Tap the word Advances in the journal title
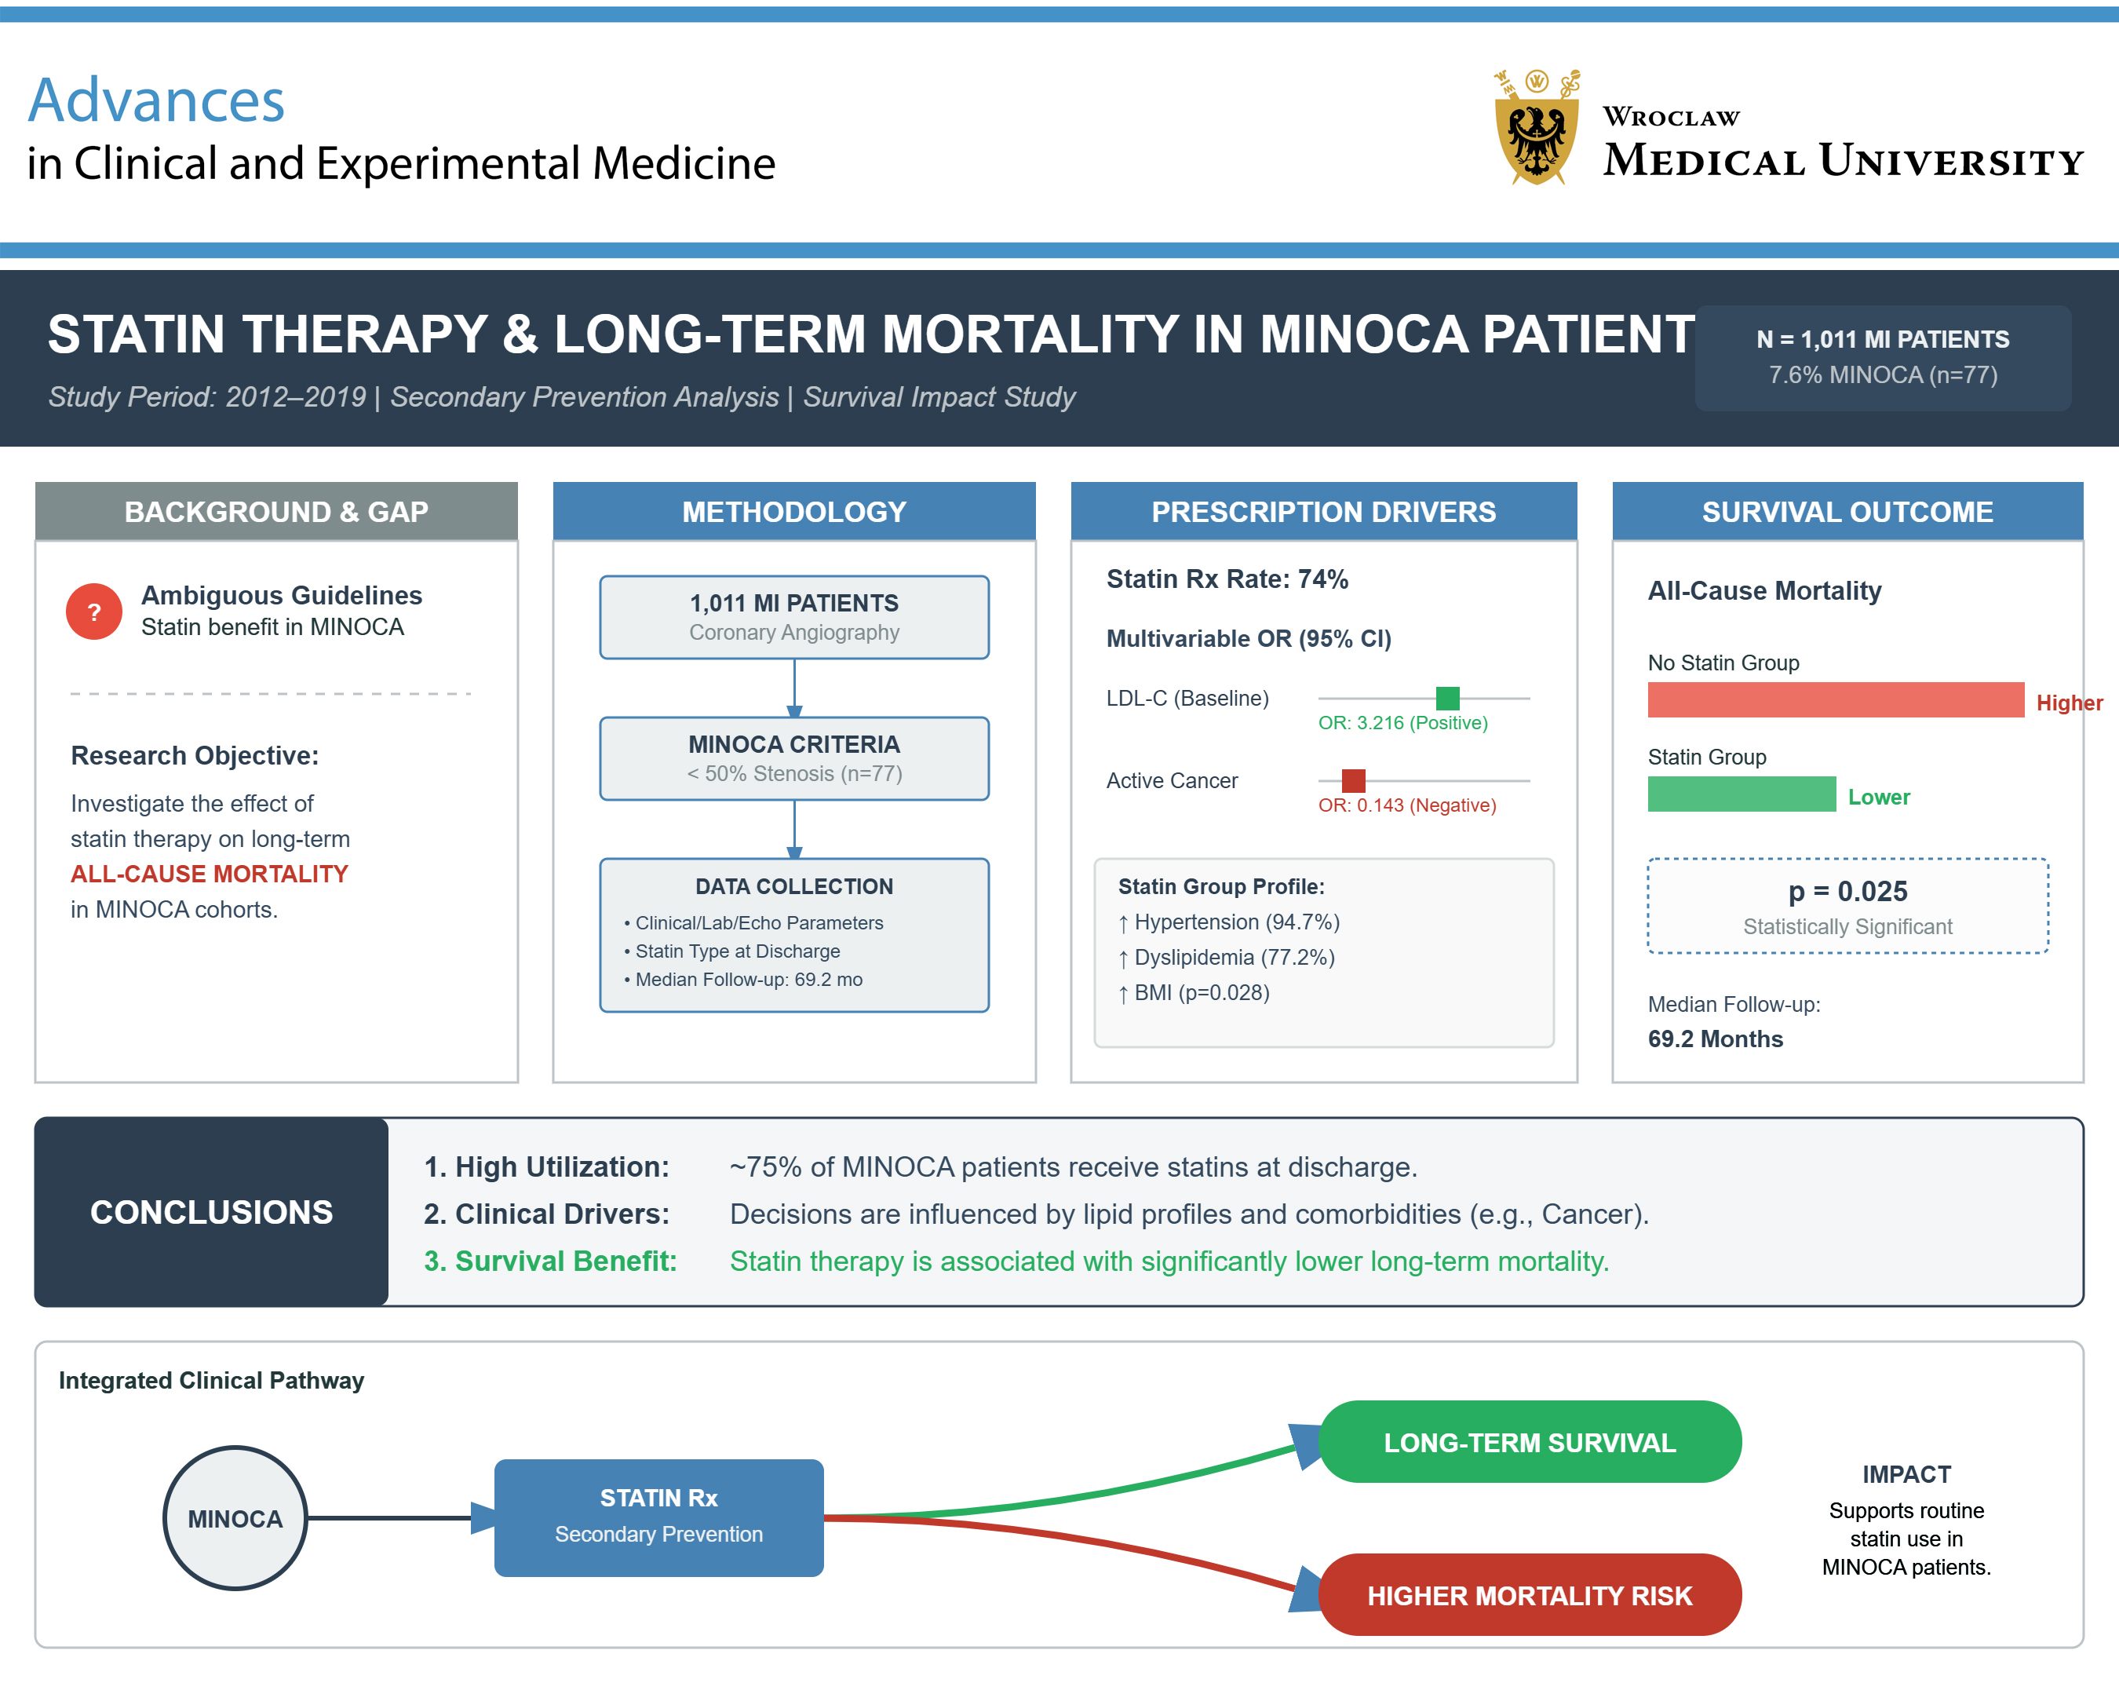pyautogui.click(x=156, y=100)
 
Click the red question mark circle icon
pyautogui.click(x=94, y=612)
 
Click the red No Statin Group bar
pyautogui.click(x=1835, y=700)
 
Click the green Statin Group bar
pyautogui.click(x=1741, y=794)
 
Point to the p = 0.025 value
pyautogui.click(x=1847, y=891)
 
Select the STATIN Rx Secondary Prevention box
pyautogui.click(x=658, y=1517)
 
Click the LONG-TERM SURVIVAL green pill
pyautogui.click(x=1530, y=1442)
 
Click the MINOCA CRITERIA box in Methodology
pyautogui.click(x=794, y=758)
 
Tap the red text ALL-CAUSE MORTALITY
pyautogui.click(x=210, y=874)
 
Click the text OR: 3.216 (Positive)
pyautogui.click(x=1402, y=722)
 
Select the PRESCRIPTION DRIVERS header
pyautogui.click(x=1323, y=511)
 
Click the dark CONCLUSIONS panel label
pyautogui.click(x=211, y=1212)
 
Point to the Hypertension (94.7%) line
pyautogui.click(x=1235, y=922)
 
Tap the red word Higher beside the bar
pyautogui.click(x=2069, y=703)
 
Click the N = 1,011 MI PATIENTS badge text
pyautogui.click(x=1882, y=339)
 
